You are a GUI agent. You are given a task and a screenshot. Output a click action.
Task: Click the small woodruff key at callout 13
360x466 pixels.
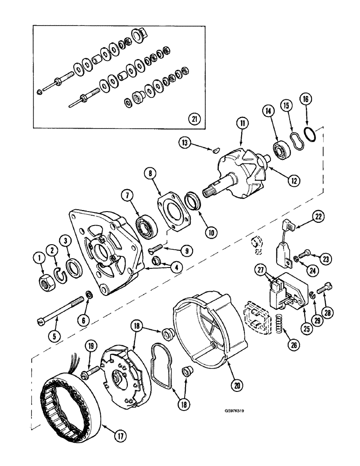214,150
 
